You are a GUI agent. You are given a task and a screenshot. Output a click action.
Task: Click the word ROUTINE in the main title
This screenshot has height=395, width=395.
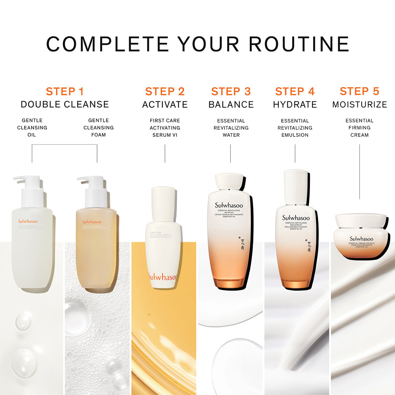299,44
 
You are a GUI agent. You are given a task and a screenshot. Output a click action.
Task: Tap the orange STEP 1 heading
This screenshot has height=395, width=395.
65,91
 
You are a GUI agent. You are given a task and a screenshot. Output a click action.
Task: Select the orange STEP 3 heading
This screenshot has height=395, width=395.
231,91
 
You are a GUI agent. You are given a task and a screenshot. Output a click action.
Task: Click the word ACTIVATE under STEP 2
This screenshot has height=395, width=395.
165,105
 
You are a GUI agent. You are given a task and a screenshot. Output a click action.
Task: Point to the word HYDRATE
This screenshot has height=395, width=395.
295,105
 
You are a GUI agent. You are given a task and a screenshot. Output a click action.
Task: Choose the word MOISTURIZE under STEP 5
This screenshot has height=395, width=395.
360,105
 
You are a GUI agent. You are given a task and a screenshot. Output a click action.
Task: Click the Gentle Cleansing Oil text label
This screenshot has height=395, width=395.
32,128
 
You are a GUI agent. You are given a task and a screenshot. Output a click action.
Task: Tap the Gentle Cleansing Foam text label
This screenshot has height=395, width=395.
98,128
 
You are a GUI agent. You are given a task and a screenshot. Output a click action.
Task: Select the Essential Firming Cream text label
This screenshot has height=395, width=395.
360,128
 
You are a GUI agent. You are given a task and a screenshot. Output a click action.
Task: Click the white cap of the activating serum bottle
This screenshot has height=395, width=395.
163,203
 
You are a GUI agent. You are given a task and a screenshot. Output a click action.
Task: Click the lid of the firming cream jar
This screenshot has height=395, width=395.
361,220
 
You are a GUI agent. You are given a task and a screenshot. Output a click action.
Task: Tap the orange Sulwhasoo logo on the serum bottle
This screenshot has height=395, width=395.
163,277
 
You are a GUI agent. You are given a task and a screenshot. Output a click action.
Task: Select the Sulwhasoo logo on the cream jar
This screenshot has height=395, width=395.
361,239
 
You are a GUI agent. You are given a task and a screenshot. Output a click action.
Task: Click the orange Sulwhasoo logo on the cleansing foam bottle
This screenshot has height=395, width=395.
92,222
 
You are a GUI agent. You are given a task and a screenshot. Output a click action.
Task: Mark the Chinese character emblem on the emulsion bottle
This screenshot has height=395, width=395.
309,245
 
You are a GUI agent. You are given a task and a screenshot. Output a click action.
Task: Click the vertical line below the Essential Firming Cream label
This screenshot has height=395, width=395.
360,172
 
